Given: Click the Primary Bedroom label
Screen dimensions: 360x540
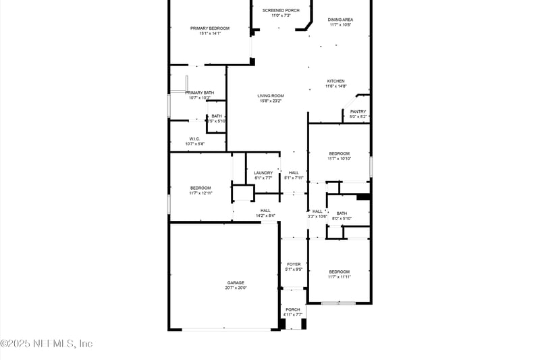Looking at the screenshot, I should (210, 28).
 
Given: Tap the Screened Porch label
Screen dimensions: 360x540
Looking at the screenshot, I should (281, 10).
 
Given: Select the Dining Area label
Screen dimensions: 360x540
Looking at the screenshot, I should (340, 20).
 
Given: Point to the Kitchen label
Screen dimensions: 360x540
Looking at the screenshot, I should (335, 81).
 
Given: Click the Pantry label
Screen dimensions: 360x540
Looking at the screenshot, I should (358, 111).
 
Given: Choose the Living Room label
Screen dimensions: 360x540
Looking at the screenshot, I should (270, 96).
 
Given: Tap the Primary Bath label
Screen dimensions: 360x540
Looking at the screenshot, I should (200, 93).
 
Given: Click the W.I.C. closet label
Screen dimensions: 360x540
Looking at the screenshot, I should (195, 138).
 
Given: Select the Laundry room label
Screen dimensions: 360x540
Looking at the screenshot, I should (263, 173).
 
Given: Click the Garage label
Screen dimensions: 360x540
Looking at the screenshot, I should (236, 282).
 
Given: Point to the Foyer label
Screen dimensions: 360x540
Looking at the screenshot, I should (294, 264).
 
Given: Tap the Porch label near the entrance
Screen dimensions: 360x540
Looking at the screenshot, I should (293, 309).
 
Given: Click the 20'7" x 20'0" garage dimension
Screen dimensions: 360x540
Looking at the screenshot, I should (236, 288).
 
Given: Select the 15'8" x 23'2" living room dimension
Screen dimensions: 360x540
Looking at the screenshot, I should (270, 101).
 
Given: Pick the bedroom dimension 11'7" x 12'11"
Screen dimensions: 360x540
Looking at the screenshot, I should (200, 193).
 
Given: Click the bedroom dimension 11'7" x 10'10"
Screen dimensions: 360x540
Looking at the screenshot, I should (340, 159).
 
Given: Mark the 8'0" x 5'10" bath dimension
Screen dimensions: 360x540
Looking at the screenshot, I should (342, 218).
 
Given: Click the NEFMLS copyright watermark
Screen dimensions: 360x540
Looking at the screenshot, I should (47, 343).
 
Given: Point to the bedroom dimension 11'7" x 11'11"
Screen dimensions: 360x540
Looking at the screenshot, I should (340, 277).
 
